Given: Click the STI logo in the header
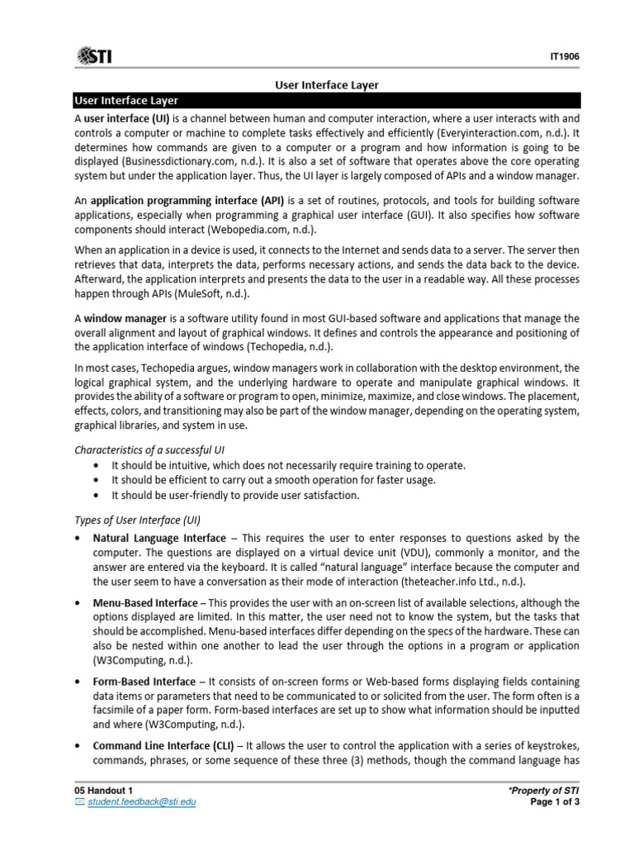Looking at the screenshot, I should click(x=95, y=55).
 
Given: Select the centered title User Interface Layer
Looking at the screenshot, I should click(x=326, y=85).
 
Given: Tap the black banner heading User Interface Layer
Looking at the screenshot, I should click(x=126, y=101).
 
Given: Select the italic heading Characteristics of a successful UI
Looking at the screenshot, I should click(x=151, y=449).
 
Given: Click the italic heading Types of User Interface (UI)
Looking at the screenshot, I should click(x=138, y=520).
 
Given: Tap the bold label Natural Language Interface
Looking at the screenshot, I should click(x=159, y=538).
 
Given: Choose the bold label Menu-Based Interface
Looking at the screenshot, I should click(x=145, y=603).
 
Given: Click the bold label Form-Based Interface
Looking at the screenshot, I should click(x=145, y=682).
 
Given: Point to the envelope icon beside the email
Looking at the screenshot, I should click(x=79, y=801).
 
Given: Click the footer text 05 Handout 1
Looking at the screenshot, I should click(x=103, y=791).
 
